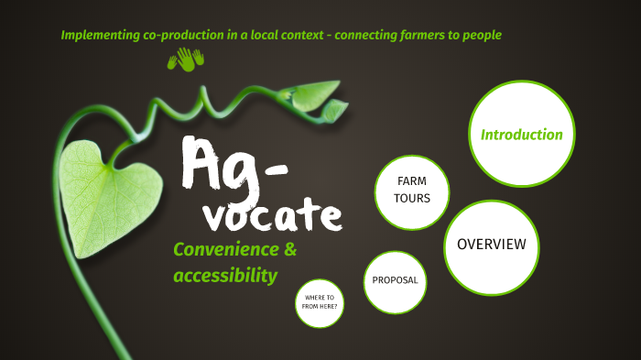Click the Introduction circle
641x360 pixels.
[x=522, y=135]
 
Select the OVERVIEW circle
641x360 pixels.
[x=492, y=244]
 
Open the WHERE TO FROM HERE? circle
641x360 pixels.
[x=320, y=303]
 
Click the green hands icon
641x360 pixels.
[x=185, y=60]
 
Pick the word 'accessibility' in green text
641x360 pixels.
[x=225, y=275]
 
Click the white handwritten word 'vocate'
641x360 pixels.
[x=272, y=214]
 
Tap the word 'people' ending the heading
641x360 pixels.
[x=480, y=35]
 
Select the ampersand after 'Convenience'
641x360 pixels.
[x=291, y=250]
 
